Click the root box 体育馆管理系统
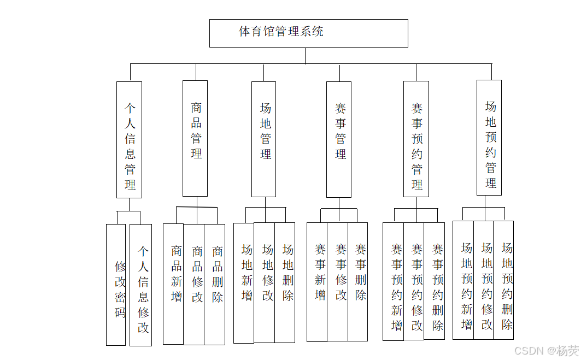(308, 33)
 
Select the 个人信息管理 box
(130, 140)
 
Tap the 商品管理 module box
(195, 138)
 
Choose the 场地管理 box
(264, 139)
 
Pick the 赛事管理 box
(339, 139)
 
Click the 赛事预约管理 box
(416, 139)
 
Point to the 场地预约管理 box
(489, 137)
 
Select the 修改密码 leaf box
(116, 285)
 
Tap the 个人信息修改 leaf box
(141, 285)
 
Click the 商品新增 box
(173, 284)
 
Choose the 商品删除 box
(215, 284)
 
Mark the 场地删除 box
(285, 282)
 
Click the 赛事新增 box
(317, 282)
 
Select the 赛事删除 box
(358, 282)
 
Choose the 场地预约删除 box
(503, 280)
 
